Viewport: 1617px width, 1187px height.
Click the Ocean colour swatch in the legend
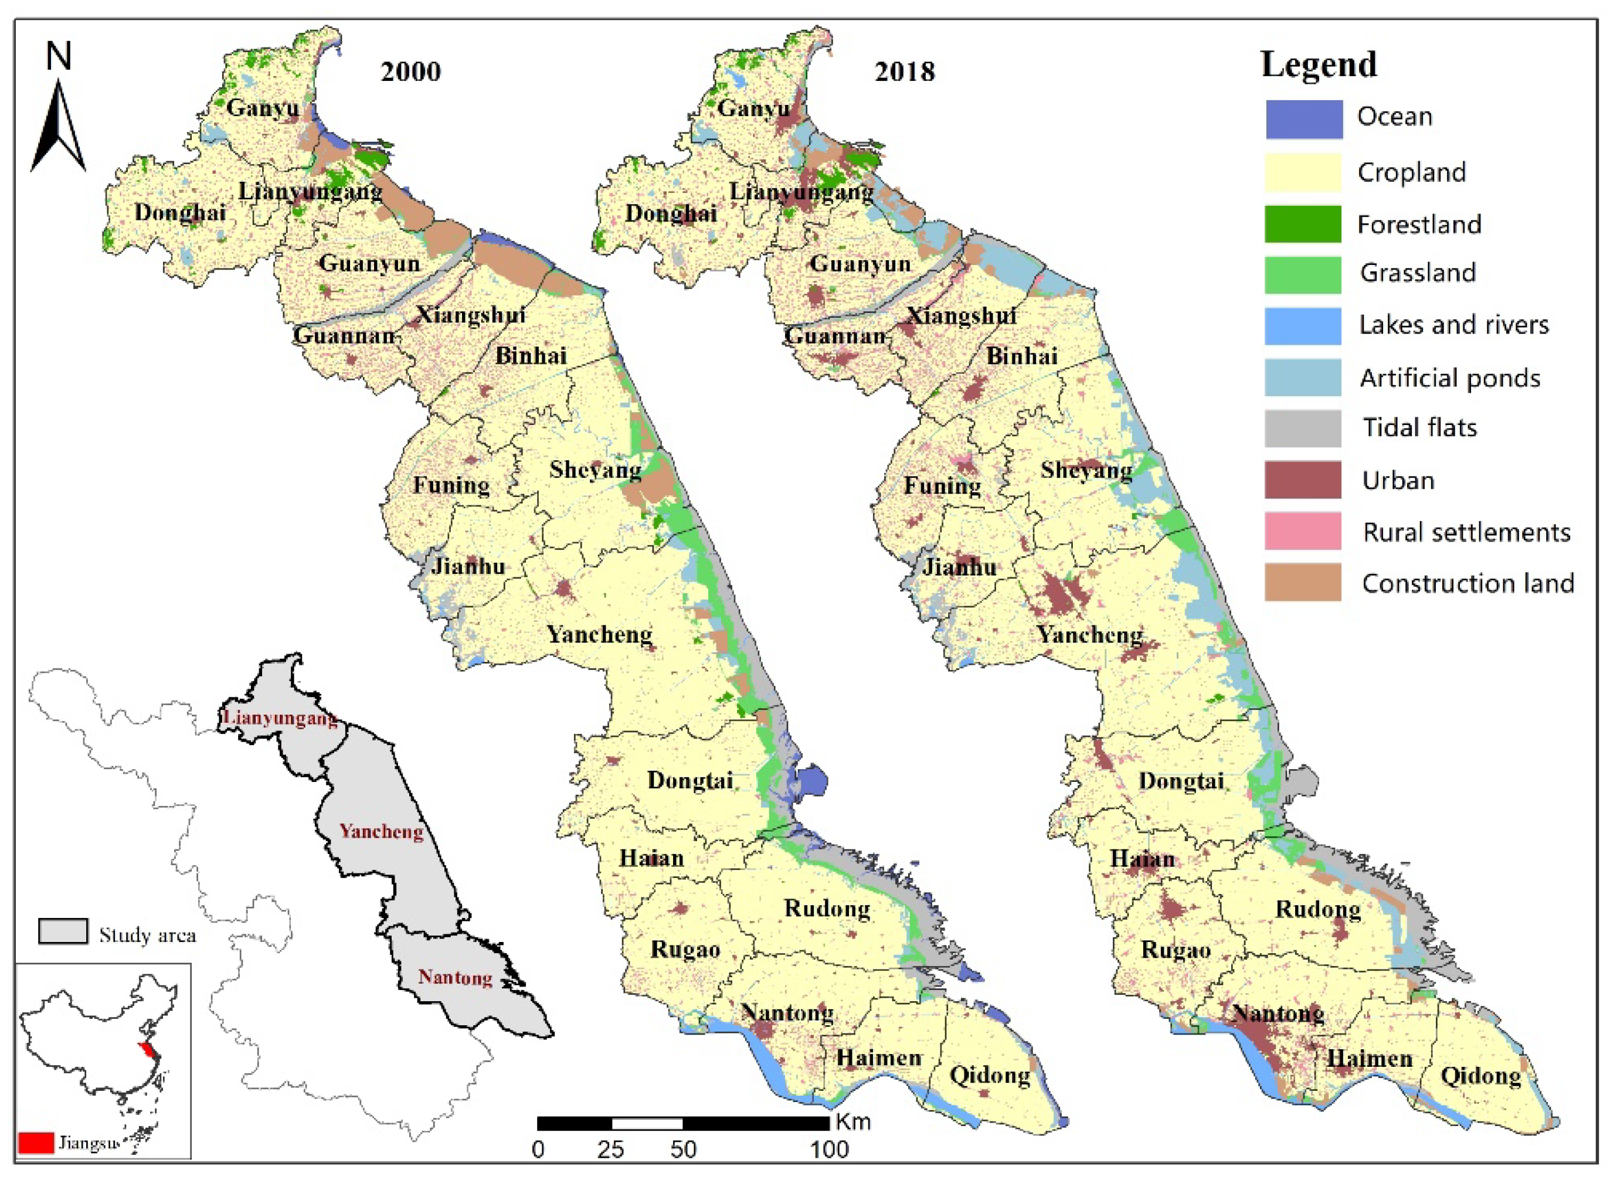pos(1303,118)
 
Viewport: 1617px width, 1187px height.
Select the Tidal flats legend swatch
pos(1303,428)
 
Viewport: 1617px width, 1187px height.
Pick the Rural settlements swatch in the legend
pos(1303,531)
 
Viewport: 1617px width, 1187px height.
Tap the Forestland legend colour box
pos(1303,223)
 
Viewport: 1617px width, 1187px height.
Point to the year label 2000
pos(410,72)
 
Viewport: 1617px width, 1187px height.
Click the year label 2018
pos(904,72)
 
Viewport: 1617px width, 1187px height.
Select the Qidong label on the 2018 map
pos(1481,1076)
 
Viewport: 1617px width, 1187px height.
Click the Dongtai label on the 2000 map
pos(690,780)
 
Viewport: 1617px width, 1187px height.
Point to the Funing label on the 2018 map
pos(942,486)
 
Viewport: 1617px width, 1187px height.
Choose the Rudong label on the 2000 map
pos(827,908)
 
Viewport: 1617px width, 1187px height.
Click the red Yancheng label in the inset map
pos(381,831)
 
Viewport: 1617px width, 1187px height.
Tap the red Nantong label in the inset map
pos(455,977)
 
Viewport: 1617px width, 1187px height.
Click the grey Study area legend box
pos(63,931)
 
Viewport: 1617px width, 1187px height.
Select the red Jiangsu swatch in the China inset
pos(36,1142)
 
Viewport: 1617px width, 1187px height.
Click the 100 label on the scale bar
pos(830,1149)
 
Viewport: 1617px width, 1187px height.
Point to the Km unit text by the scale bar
pos(853,1121)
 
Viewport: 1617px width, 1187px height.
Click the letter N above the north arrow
pos(59,56)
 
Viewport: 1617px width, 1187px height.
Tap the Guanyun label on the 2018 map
pos(860,264)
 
